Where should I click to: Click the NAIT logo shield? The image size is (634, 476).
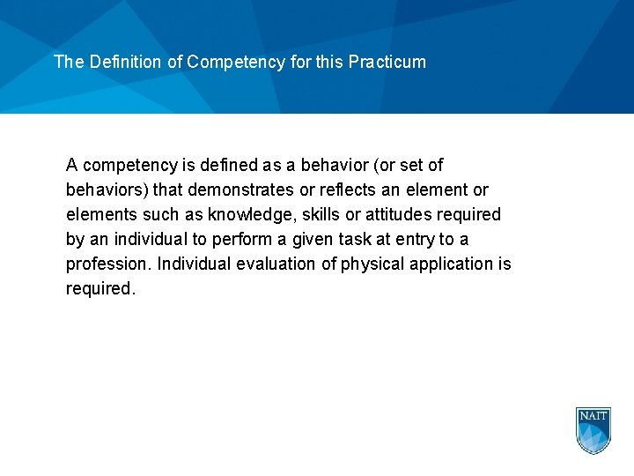click(x=593, y=430)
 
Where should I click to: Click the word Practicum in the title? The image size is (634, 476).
click(x=387, y=63)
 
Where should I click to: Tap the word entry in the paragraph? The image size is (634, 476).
click(x=419, y=239)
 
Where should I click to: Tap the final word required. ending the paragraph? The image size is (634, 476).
click(x=100, y=288)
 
